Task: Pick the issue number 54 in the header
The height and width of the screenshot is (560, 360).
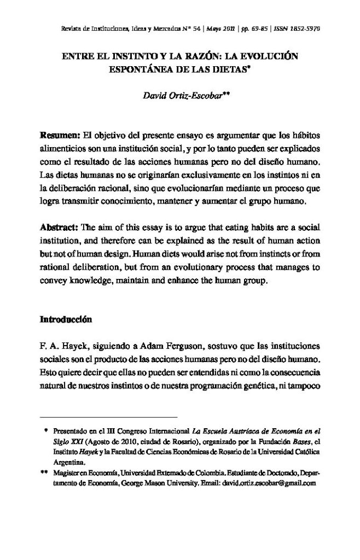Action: coord(198,28)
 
